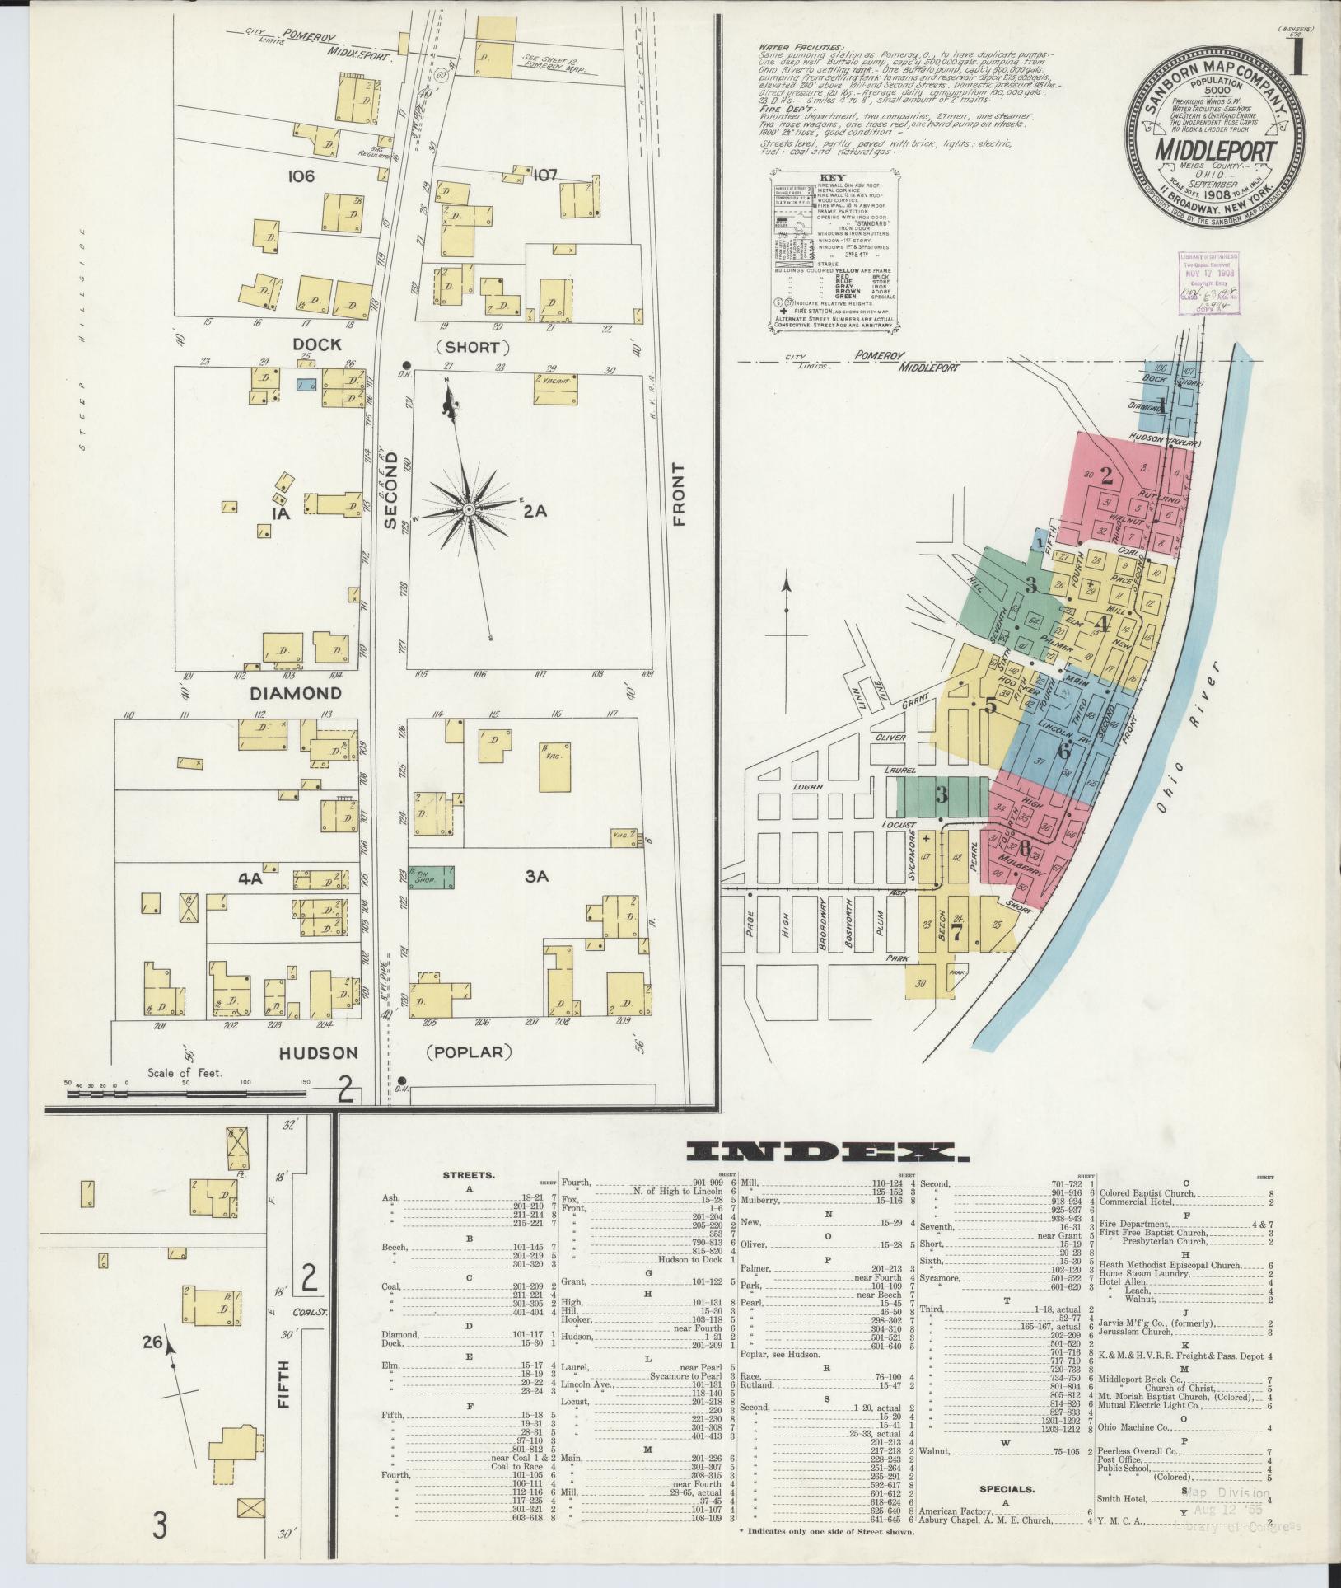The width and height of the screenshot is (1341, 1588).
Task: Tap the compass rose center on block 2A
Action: click(469, 510)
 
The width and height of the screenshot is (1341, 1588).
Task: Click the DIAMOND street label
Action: click(296, 693)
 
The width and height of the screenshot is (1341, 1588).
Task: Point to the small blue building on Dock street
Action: click(306, 384)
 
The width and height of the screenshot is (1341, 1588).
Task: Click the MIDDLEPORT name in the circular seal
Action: click(1215, 150)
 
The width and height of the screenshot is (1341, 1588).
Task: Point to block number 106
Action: click(302, 176)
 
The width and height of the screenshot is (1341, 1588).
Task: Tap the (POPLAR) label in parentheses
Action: click(470, 1052)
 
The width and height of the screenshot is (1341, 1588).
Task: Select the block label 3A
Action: click(536, 877)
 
